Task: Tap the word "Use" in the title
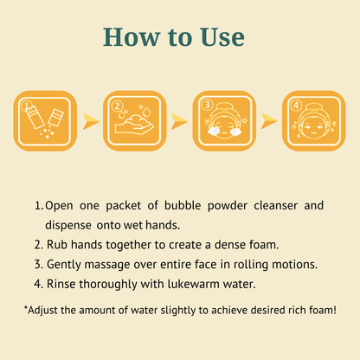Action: click(x=222, y=36)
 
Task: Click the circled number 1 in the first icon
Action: click(x=26, y=105)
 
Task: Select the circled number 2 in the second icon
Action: click(x=117, y=106)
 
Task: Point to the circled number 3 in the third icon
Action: click(x=207, y=105)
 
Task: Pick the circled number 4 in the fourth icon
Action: click(x=296, y=106)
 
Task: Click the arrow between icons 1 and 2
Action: click(x=90, y=121)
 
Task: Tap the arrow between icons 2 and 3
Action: click(x=179, y=121)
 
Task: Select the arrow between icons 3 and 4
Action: click(x=269, y=121)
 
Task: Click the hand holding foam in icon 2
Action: click(x=134, y=126)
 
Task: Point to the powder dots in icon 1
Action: click(x=47, y=132)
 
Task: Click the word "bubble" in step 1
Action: click(x=183, y=206)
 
